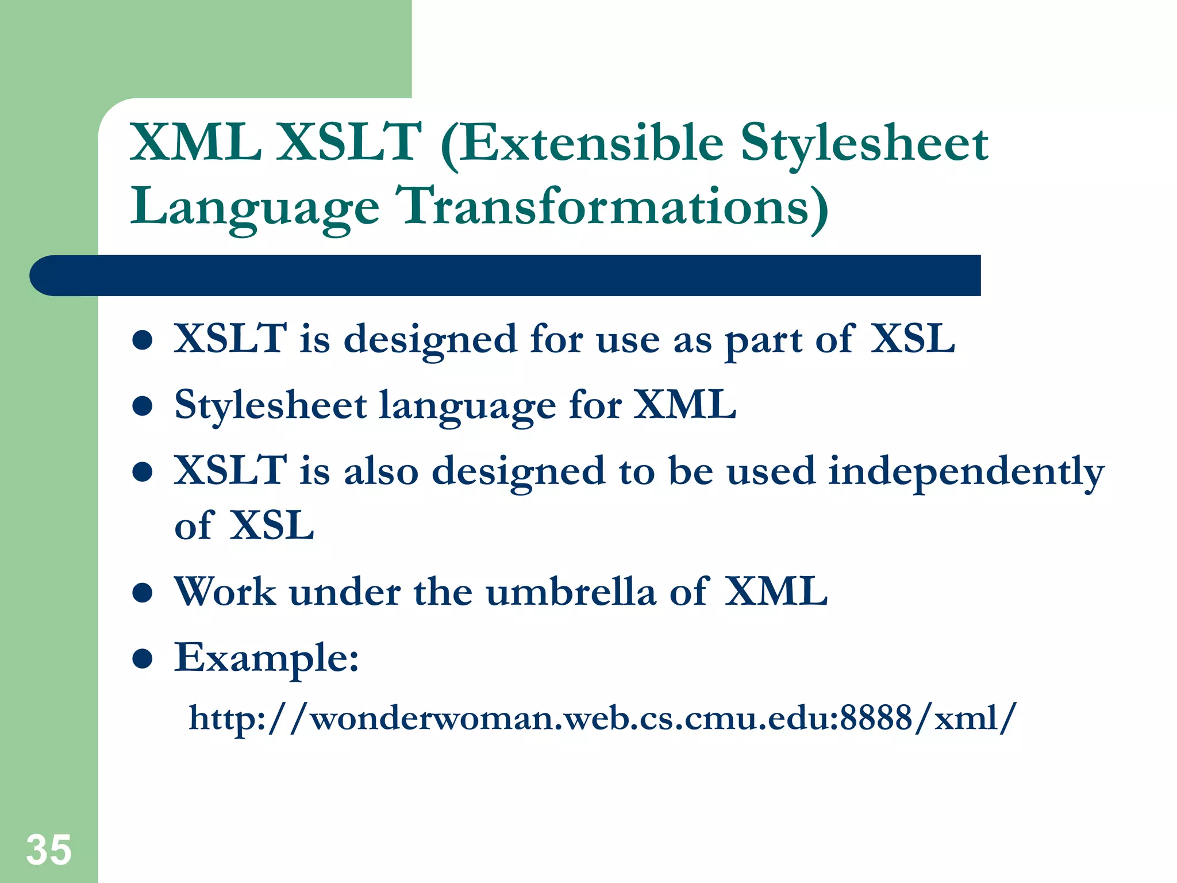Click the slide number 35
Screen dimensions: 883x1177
[49, 850]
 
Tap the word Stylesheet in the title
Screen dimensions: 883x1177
[864, 144]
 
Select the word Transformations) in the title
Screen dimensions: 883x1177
[613, 207]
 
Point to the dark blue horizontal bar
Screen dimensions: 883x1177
[506, 276]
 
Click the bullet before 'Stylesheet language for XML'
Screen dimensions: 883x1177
[142, 406]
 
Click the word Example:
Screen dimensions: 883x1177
[267, 659]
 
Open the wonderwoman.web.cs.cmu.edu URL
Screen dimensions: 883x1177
[602, 719]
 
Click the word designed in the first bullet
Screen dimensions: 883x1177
[430, 340]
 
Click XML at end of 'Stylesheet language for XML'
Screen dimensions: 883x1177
[684, 405]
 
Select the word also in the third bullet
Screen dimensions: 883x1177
[381, 471]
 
